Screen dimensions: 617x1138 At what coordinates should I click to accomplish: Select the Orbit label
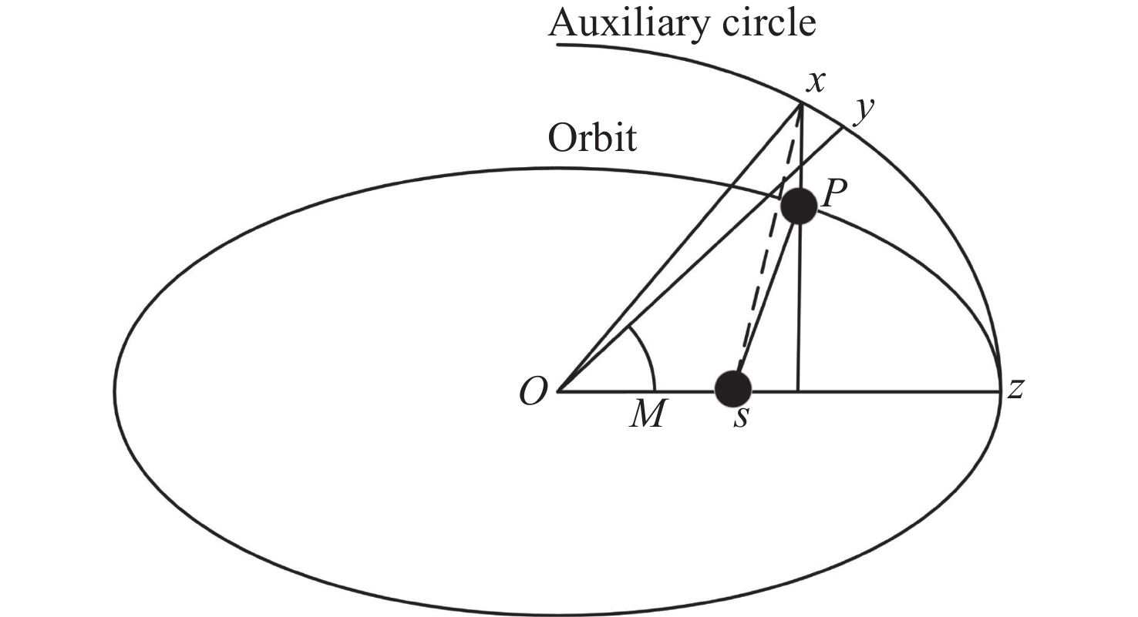tap(592, 139)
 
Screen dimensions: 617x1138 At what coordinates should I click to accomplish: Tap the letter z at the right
tap(1015, 390)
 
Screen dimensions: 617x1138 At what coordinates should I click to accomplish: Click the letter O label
tap(533, 394)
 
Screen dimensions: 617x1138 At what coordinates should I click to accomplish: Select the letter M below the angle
tap(647, 416)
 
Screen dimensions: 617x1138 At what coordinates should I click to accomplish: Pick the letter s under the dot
tap(740, 421)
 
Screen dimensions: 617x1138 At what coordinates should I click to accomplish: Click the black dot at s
tap(733, 388)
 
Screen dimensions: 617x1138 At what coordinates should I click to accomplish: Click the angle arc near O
tap(647, 354)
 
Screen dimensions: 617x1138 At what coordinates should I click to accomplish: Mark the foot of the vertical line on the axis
tap(799, 391)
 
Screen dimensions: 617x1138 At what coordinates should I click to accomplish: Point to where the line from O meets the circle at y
tap(841, 127)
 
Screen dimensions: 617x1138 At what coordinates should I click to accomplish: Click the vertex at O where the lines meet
tap(557, 391)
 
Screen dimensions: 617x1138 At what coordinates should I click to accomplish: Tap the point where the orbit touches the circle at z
tap(1000, 391)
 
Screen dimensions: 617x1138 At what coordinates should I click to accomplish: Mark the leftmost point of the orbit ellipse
tap(116, 391)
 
